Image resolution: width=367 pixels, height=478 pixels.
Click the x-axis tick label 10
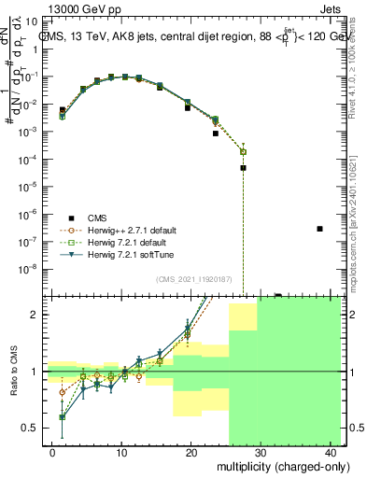tap(121, 452)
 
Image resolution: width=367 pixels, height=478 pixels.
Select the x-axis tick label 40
tap(331, 452)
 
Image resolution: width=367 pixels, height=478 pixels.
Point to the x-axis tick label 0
tap(52, 452)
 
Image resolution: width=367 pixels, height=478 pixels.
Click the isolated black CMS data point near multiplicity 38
tap(319, 229)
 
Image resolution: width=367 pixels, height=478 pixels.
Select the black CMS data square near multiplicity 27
tap(243, 168)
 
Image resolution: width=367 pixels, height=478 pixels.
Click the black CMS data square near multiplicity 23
tap(216, 134)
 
